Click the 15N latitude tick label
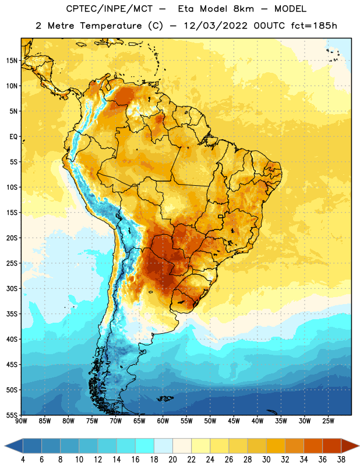[12, 61]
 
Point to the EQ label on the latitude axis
[13, 137]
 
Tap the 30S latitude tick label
[12, 288]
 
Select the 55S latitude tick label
[12, 415]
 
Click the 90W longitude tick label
[21, 421]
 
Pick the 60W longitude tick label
[163, 421]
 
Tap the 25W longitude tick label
[328, 421]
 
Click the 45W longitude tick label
[234, 421]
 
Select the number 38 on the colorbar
[341, 460]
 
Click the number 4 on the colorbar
[23, 460]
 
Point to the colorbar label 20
[172, 460]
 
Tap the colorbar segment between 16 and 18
[145, 446]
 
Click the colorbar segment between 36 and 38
[332, 446]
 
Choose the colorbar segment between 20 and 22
[182, 446]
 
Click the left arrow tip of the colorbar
[5, 446]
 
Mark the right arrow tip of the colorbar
[359, 446]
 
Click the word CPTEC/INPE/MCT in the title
[110, 9]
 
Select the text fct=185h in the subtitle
[314, 26]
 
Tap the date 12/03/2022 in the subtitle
[216, 26]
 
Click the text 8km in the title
[243, 9]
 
